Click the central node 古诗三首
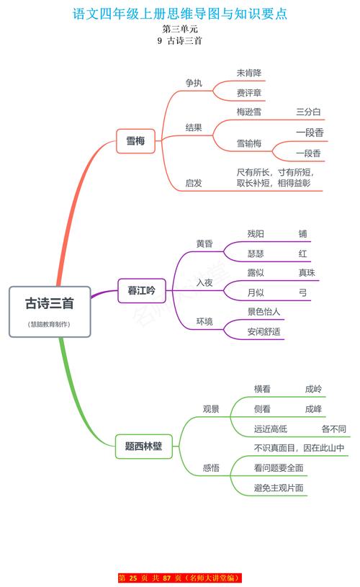click(50, 304)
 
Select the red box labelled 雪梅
click(135, 141)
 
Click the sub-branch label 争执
click(194, 83)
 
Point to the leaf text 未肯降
click(249, 73)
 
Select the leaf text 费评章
click(249, 93)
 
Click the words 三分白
click(308, 112)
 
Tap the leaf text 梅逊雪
click(249, 112)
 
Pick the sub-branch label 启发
click(194, 183)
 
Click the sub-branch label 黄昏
click(204, 243)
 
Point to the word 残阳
click(256, 234)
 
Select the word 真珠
click(307, 273)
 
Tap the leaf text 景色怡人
click(264, 312)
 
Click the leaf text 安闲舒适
click(264, 332)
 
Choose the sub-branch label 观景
click(211, 409)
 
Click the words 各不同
click(333, 429)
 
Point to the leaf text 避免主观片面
click(279, 488)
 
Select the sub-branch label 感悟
click(211, 468)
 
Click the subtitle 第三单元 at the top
click(180, 29)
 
